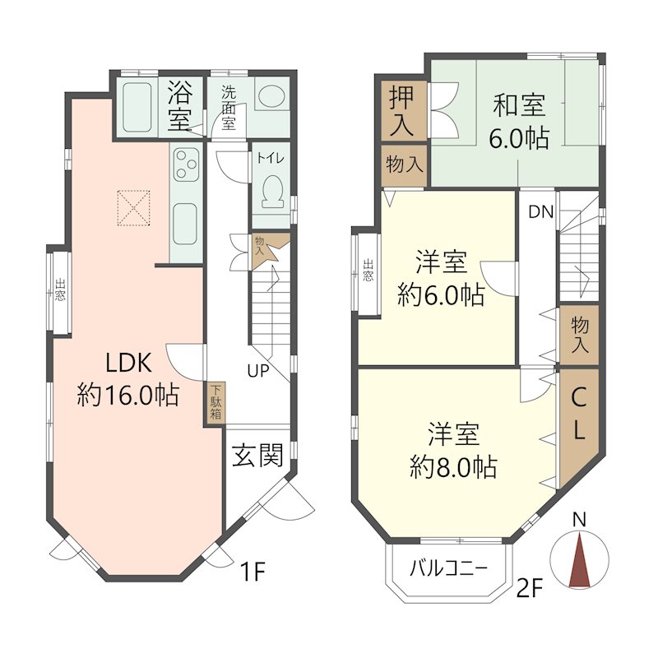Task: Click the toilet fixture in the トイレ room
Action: [x=273, y=191]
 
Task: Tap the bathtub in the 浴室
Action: [x=137, y=107]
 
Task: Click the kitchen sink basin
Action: [x=184, y=224]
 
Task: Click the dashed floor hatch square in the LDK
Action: [x=133, y=208]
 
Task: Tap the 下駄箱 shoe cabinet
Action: [x=215, y=402]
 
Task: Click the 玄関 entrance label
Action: [x=257, y=455]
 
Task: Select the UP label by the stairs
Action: [x=258, y=371]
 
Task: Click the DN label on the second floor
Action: [x=541, y=212]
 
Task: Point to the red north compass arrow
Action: [x=579, y=560]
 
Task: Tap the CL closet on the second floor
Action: [x=579, y=428]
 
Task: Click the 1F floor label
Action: [x=253, y=572]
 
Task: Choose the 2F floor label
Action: [x=530, y=588]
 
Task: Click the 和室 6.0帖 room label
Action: [x=519, y=122]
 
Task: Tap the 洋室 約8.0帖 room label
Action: [x=454, y=451]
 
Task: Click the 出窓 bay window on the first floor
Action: [x=59, y=292]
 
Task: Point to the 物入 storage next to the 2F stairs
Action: [x=579, y=335]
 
